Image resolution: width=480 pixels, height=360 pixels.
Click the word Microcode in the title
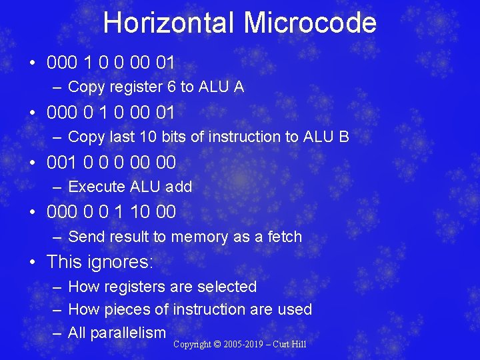(x=310, y=23)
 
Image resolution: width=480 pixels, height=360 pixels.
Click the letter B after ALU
(x=344, y=137)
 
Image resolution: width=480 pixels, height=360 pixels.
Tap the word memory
(x=203, y=237)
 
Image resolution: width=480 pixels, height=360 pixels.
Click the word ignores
(x=121, y=262)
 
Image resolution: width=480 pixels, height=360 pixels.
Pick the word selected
(x=225, y=287)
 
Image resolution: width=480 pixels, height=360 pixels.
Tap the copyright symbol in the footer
(x=217, y=345)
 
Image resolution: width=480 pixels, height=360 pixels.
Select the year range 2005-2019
(x=243, y=345)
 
